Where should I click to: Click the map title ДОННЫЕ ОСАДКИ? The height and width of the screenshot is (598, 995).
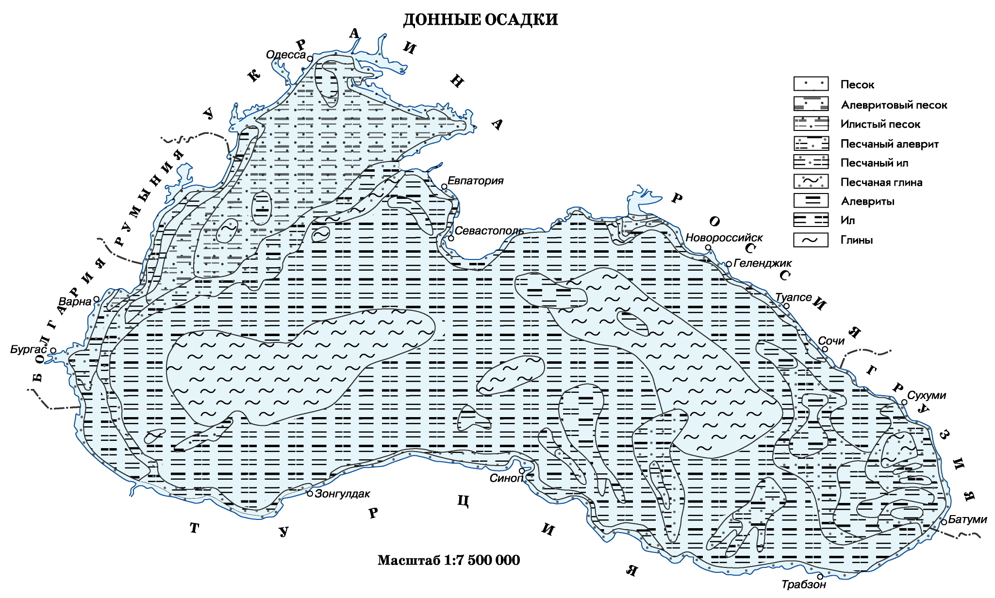click(480, 20)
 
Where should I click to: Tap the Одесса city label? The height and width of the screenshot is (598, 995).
click(286, 55)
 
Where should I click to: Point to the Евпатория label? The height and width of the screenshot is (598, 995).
click(475, 181)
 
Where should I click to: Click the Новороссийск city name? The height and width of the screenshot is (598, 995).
click(724, 238)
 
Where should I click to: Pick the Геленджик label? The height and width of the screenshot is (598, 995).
click(763, 263)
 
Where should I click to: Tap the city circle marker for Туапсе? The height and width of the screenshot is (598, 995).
click(787, 306)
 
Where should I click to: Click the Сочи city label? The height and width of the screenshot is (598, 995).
click(831, 341)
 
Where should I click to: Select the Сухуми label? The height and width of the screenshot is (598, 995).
click(926, 395)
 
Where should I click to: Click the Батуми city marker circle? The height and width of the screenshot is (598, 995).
click(944, 522)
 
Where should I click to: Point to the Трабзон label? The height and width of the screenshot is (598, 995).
click(803, 584)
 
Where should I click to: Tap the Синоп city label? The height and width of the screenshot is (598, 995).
click(506, 478)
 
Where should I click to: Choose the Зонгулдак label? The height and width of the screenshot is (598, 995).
click(342, 494)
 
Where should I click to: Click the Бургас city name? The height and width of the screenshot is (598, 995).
click(29, 350)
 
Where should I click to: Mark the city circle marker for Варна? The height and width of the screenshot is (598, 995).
click(97, 299)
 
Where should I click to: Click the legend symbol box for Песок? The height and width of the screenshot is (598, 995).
click(811, 84)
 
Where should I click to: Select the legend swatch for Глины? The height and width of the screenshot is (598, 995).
click(811, 240)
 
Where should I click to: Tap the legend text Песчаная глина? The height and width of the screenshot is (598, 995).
click(881, 182)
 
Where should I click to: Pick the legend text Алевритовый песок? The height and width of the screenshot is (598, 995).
click(894, 105)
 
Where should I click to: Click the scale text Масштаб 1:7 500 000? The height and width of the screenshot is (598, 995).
click(448, 560)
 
